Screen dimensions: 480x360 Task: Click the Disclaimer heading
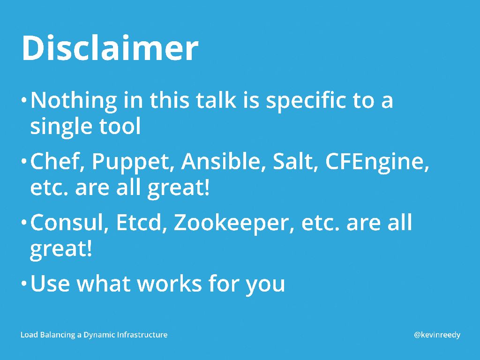110,48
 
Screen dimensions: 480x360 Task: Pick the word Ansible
220,161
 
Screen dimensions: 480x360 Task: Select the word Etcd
138,222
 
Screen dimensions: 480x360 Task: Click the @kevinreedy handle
437,335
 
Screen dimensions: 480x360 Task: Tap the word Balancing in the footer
58,335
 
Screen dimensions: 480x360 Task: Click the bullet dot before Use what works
24,284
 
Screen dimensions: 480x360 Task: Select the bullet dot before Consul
24,222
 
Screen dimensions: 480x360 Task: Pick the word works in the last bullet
169,284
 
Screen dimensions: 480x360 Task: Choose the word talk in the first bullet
216,100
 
